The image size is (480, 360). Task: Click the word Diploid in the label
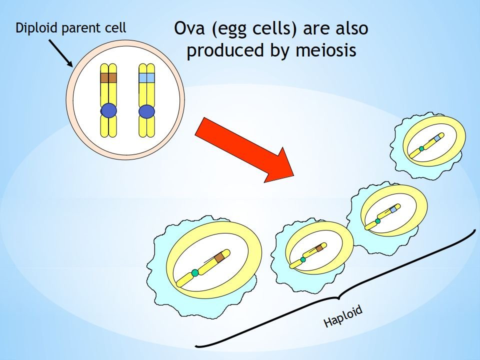[37, 27]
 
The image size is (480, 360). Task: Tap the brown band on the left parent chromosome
[108, 78]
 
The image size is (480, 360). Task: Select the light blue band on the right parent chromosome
[146, 78]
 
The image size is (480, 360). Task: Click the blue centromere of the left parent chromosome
[108, 111]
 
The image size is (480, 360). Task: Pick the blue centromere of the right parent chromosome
[146, 111]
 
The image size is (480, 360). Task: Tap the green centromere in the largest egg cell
[195, 272]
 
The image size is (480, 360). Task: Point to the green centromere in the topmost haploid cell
[421, 148]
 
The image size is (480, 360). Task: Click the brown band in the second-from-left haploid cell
[319, 248]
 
